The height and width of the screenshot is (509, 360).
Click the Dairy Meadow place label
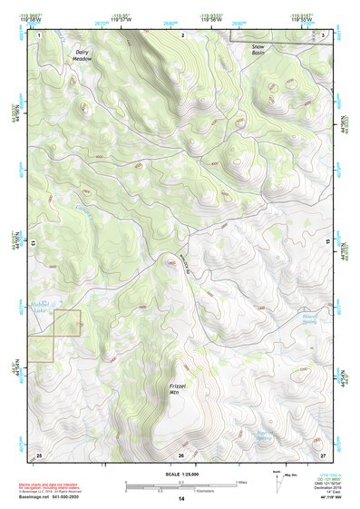(83, 55)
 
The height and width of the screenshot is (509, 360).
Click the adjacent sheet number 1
(40, 34)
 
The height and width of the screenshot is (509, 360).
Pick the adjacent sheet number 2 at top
(182, 34)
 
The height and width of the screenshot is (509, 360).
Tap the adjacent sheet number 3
(324, 34)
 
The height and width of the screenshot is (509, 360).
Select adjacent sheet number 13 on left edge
(34, 243)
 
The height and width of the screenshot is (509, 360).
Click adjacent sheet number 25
(39, 453)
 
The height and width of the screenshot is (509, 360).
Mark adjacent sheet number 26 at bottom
(181, 454)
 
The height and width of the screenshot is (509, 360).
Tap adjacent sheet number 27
(323, 453)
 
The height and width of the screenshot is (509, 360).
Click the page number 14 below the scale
(180, 499)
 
